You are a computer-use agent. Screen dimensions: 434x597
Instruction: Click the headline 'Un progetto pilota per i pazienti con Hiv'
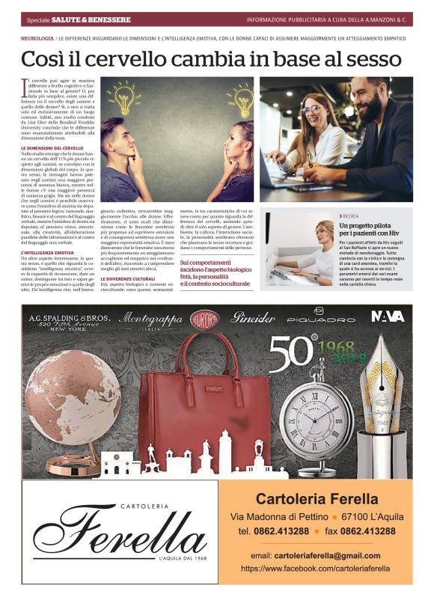pyautogui.click(x=373, y=230)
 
